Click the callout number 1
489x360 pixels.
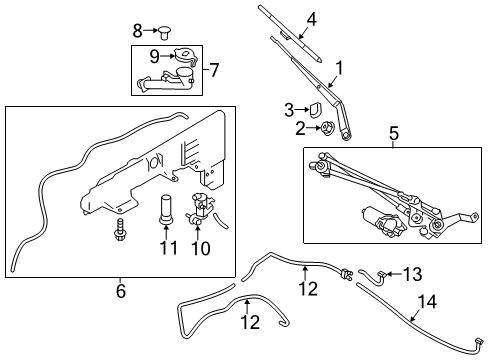[x=339, y=69]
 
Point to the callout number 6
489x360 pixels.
[x=121, y=290]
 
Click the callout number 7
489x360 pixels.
[x=214, y=71]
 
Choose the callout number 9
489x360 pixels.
[x=154, y=56]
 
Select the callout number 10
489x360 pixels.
[x=202, y=246]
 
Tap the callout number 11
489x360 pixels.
[x=168, y=246]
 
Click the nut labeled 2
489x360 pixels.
[x=325, y=128]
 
